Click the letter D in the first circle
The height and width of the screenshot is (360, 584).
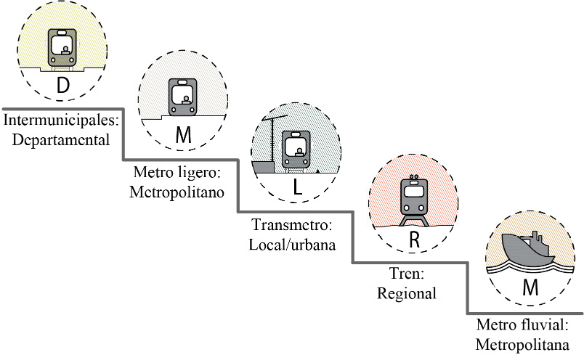coord(63,86)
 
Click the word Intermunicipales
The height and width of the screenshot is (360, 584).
coord(60,119)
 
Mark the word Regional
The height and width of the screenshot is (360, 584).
coord(407,293)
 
